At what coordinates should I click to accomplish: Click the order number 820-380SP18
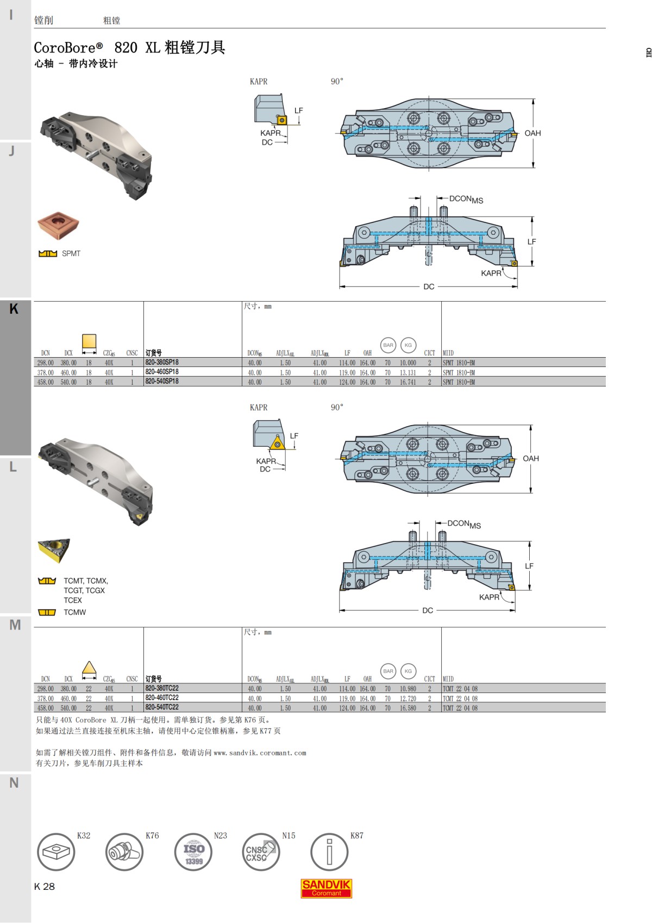point(162,362)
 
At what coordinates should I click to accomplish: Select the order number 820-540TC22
point(162,707)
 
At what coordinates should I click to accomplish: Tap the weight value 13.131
point(407,372)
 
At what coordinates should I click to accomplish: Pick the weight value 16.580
point(407,708)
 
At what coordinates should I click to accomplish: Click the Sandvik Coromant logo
point(326,888)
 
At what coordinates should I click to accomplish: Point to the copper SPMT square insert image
point(58,226)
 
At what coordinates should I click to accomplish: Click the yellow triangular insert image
point(54,550)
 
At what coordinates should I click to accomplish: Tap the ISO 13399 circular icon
point(193,852)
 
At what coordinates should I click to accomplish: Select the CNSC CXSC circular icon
point(261,852)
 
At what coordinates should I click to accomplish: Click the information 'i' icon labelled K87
point(329,852)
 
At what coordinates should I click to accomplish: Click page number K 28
point(45,887)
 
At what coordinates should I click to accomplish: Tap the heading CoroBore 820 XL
point(129,48)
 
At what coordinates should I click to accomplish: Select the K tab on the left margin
point(14,309)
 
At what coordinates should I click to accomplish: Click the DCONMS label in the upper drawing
point(466,199)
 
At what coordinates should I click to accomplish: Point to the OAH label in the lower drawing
point(530,458)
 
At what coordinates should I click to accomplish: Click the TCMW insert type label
point(75,612)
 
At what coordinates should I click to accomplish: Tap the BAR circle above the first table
point(388,345)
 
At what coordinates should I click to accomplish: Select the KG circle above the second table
point(408,671)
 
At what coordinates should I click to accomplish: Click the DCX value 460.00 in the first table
point(68,372)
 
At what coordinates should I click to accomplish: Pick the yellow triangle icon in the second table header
point(89,669)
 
